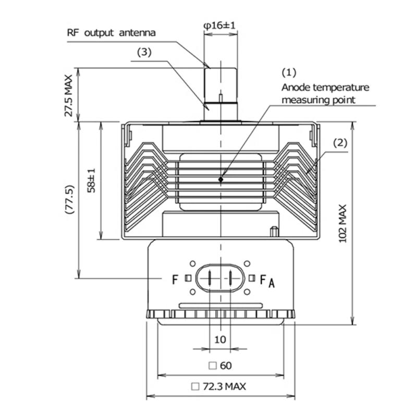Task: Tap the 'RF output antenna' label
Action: [111, 32]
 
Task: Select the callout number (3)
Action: [144, 52]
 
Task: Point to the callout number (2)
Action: [340, 142]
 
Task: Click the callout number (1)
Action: [289, 71]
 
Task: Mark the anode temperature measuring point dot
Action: [221, 179]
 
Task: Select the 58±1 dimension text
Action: [91, 180]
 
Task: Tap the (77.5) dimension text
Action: [69, 200]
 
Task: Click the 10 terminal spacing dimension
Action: [220, 339]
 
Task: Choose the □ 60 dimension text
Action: [220, 365]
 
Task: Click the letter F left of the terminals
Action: [175, 279]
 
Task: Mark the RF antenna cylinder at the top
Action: [220, 86]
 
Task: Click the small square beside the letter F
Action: [188, 278]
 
